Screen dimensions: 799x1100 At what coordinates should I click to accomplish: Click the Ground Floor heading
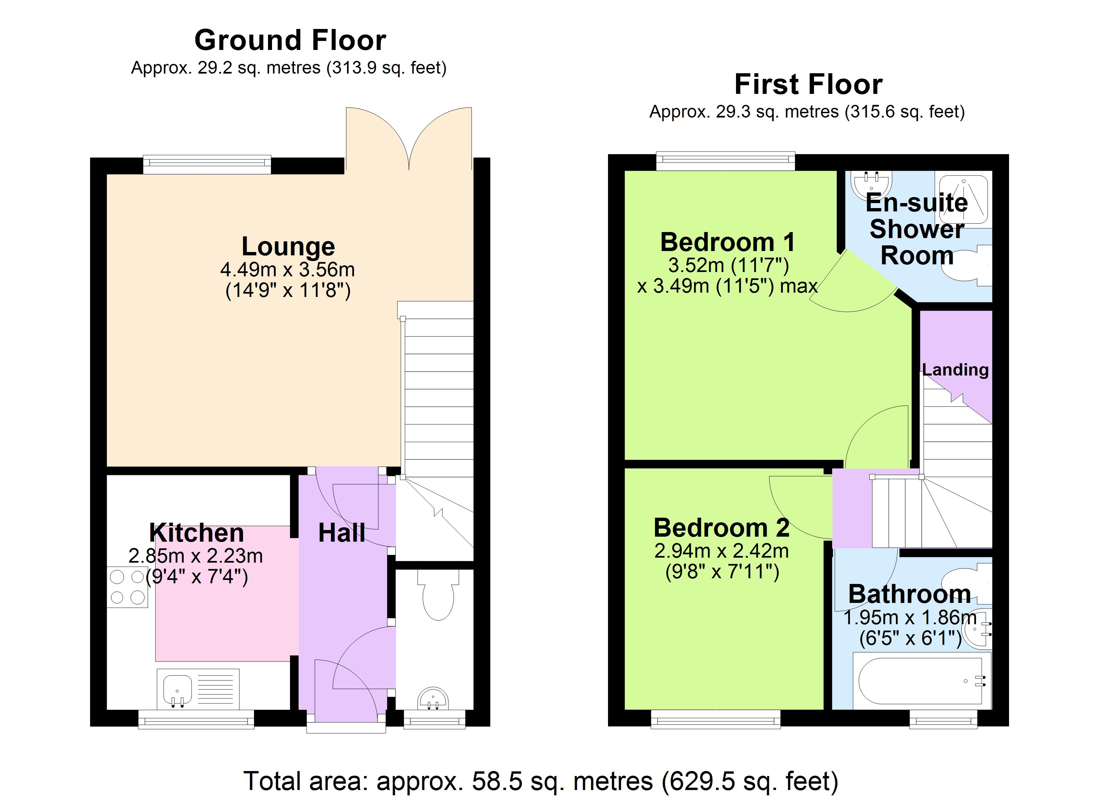(290, 40)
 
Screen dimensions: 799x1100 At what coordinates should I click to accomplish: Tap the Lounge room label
(288, 247)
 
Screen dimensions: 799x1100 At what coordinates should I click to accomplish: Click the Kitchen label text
(196, 533)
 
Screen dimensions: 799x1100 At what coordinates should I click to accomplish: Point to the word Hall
(341, 533)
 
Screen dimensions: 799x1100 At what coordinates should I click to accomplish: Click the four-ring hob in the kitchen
(127, 587)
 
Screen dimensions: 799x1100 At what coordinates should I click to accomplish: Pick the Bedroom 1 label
(728, 242)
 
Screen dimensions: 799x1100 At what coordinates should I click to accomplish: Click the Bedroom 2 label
(721, 528)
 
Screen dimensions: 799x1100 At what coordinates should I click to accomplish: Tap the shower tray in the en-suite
(963, 199)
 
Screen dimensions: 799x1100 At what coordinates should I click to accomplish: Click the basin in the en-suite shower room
(872, 183)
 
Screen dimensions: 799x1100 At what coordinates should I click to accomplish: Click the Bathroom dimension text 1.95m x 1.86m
(910, 618)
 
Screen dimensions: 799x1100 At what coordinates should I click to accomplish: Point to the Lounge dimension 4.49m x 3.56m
(288, 269)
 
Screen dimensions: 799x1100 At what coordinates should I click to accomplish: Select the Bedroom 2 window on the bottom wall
(715, 719)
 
